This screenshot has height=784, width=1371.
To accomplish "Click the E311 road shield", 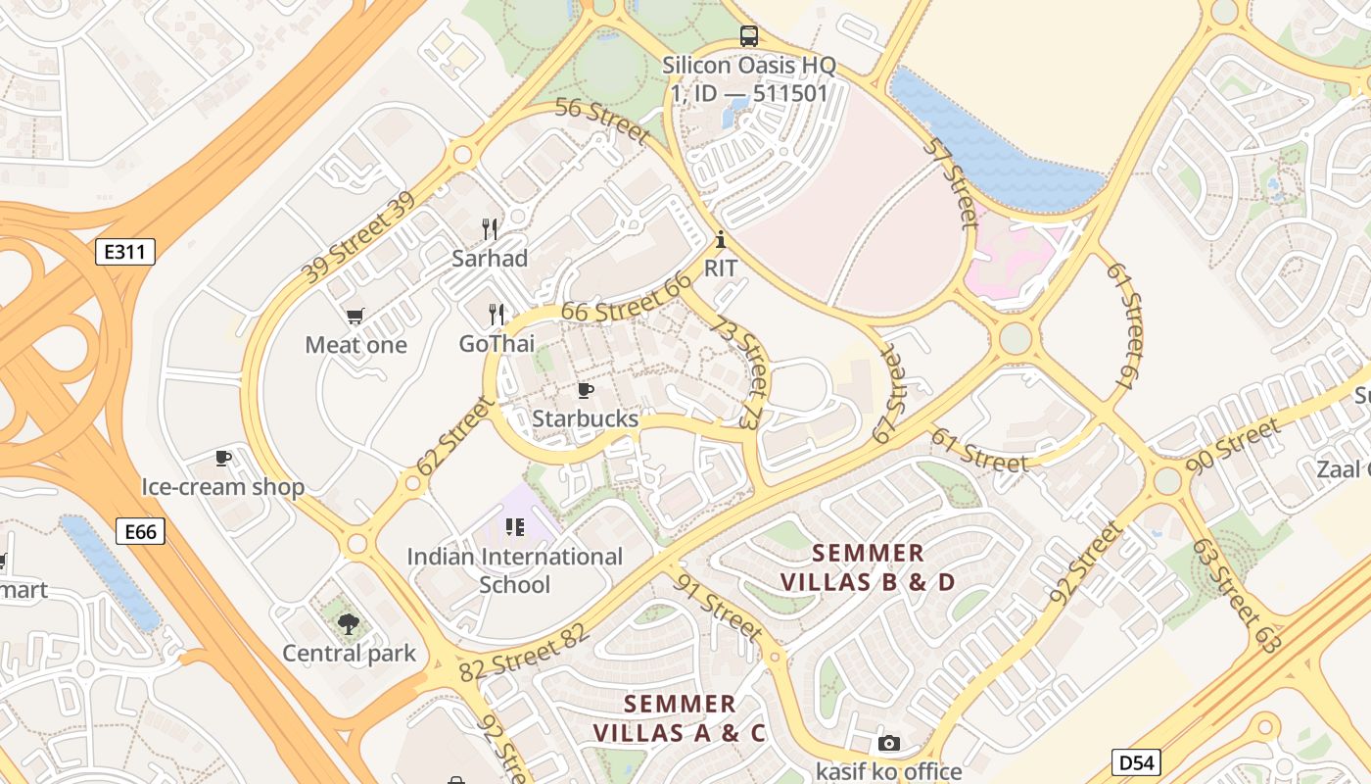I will pos(125,252).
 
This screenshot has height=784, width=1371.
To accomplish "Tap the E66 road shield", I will pos(140,531).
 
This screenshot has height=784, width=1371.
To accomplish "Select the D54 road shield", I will pos(1136,761).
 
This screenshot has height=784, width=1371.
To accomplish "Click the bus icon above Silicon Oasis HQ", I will pos(749,36).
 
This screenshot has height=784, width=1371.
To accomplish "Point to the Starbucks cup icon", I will pos(586,390).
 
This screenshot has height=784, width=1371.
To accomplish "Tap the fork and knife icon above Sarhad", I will pos(490,229).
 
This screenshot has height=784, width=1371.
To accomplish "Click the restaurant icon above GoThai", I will pos(496,315).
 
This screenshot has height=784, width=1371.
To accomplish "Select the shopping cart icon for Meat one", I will pos(355,316).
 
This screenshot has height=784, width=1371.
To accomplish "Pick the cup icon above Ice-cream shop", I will pos(223,458).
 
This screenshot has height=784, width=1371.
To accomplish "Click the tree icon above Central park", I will pos(349,623).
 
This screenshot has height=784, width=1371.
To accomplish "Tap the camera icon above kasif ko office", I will pos(888,743).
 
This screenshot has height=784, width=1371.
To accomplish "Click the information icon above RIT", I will pos(721,239).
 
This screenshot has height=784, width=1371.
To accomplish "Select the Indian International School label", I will pos(515,570).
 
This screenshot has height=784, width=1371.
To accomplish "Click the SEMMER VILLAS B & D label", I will pos(868,567).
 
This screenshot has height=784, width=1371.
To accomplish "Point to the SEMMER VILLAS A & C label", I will pos(680,717).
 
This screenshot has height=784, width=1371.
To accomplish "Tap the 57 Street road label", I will pos(950,182).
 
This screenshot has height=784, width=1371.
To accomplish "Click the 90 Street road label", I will pos(1233,445).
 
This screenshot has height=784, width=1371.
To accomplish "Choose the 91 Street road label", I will pos(719,607).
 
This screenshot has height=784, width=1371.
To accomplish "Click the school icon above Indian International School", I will pos(515,527).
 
